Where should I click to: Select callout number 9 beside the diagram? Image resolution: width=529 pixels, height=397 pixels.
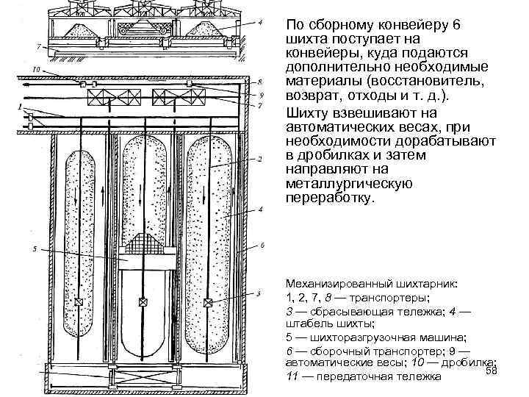tap(260, 94)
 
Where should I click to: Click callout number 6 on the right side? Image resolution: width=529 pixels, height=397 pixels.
tap(262, 246)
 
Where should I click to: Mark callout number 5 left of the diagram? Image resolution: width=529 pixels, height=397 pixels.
tap(34, 250)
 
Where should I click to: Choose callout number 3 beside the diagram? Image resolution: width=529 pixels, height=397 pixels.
tap(259, 293)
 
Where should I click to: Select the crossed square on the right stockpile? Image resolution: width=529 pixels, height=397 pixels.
tap(209, 302)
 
